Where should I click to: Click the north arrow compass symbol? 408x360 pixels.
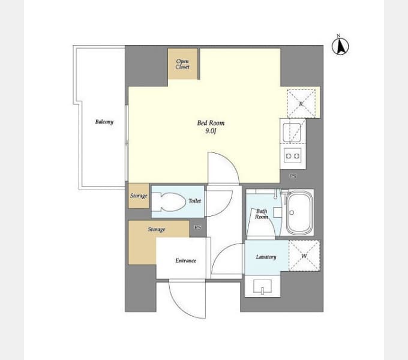tap(340, 46)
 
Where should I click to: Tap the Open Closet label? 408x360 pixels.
tap(182, 64)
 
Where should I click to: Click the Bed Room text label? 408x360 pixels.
tap(211, 123)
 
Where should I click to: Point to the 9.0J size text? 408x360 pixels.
tap(211, 131)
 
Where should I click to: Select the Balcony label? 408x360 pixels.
tap(104, 122)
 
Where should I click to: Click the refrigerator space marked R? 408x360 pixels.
tap(301, 104)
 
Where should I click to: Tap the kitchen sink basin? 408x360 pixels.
tap(292, 133)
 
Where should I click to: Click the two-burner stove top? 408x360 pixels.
tap(292, 156)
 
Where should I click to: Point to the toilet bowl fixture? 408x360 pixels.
tap(169, 202)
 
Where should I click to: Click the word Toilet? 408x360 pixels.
tap(195, 201)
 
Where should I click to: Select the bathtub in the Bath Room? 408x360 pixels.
tap(299, 213)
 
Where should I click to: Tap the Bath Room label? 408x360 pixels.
tap(262, 214)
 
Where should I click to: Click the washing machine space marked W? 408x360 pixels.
tap(304, 256)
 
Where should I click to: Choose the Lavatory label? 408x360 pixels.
tap(266, 257)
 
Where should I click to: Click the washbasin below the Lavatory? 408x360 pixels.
tap(262, 287)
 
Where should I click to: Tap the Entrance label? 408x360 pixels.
tap(186, 260)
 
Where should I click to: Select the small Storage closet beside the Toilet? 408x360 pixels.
tap(139, 196)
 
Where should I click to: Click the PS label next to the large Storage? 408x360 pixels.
tap(197, 227)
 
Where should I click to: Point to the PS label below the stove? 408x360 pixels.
tap(293, 176)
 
